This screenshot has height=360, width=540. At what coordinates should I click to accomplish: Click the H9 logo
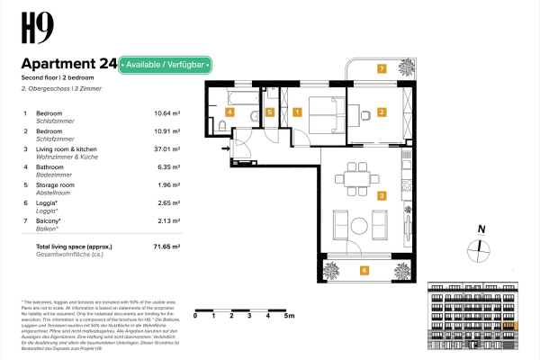point(37,27)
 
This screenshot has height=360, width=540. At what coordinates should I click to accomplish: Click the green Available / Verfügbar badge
point(166,65)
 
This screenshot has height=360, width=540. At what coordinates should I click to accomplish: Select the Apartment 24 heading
point(68,65)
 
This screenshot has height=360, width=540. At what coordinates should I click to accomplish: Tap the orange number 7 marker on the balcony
point(382,68)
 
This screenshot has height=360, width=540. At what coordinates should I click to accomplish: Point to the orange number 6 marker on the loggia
point(364,269)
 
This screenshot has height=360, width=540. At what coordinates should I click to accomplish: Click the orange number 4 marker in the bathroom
point(229,112)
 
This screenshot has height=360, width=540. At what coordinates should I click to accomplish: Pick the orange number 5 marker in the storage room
point(270,112)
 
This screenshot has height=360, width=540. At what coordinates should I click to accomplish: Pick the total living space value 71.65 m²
point(166,245)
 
